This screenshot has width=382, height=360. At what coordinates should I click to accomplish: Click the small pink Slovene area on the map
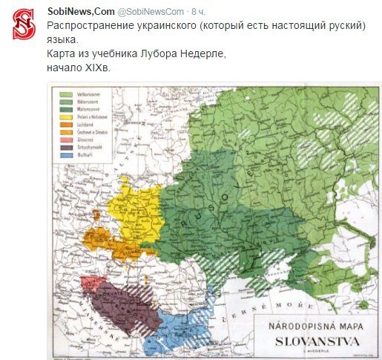(x=92, y=283)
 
